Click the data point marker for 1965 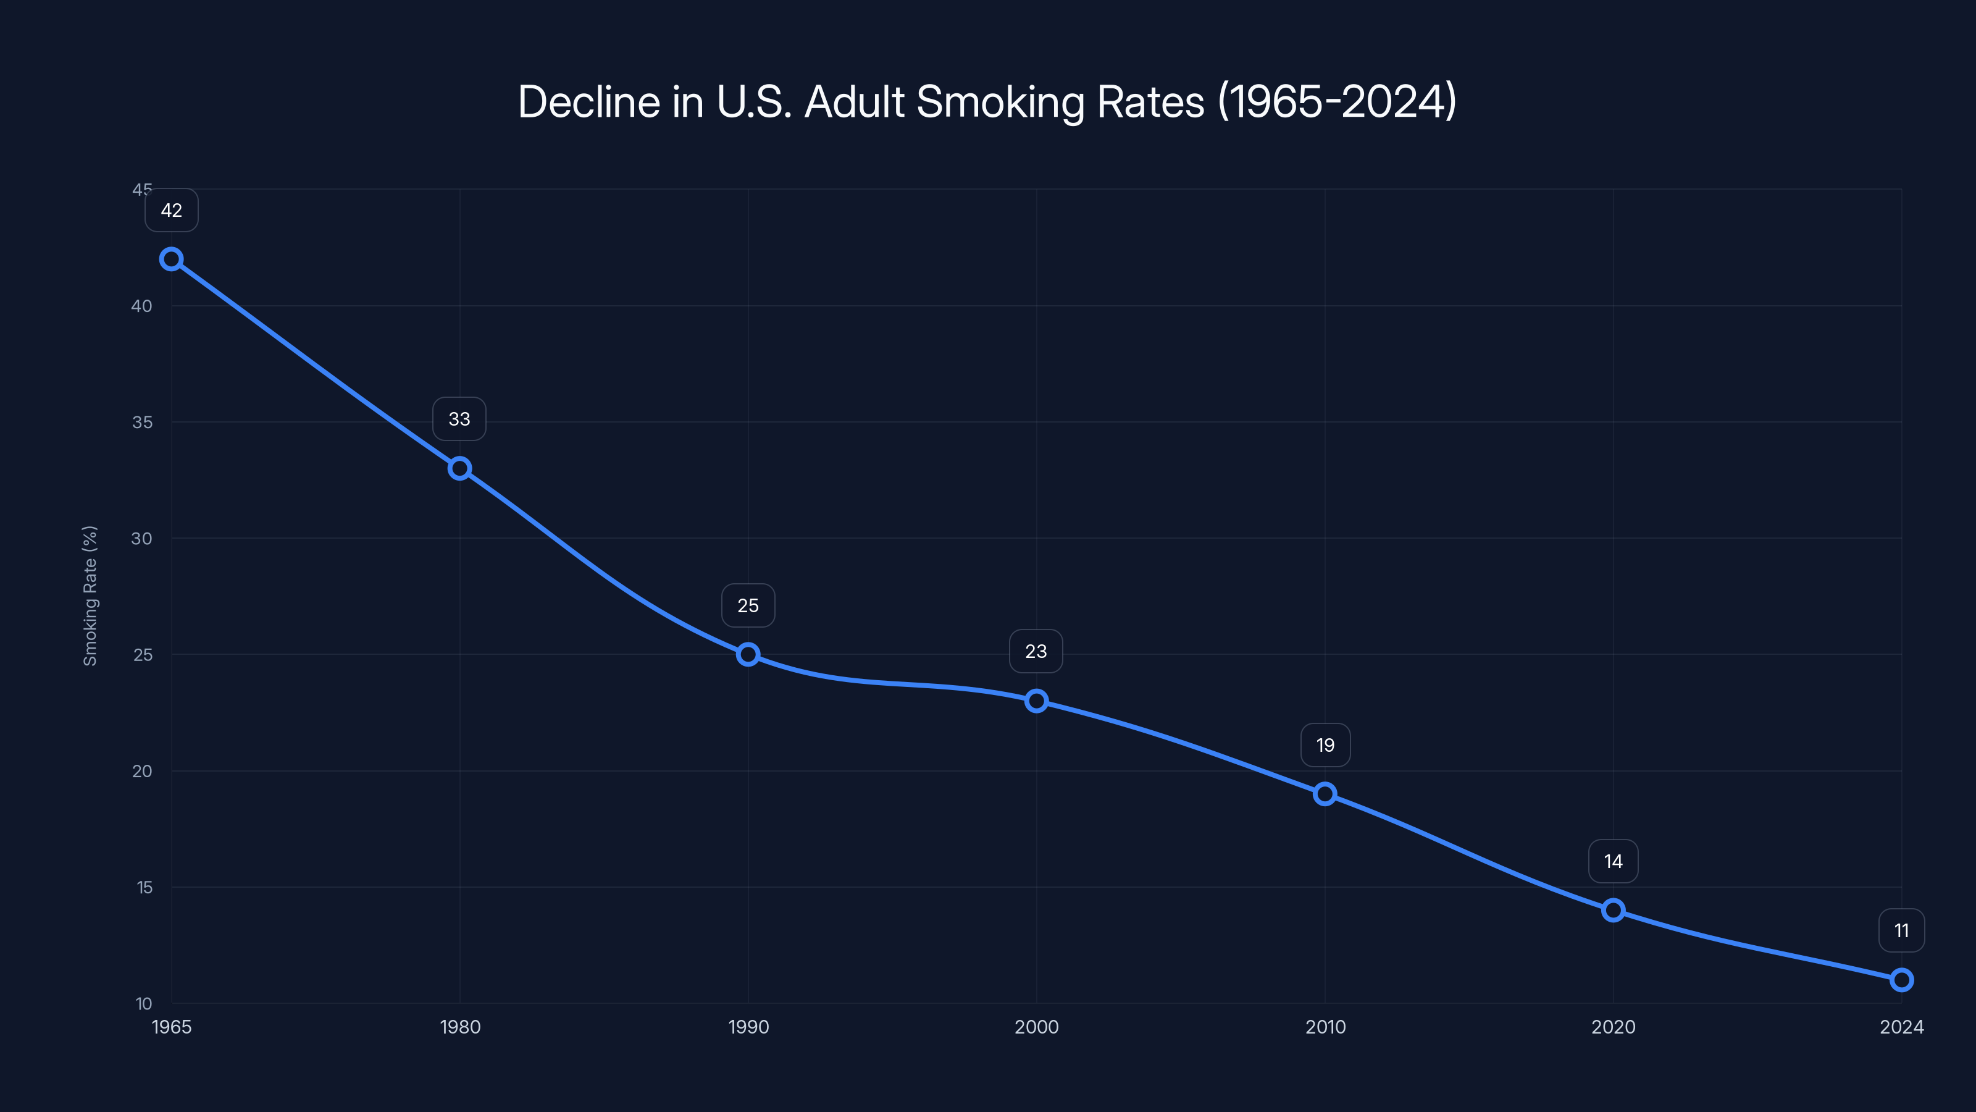coord(171,259)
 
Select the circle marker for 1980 coord(459,468)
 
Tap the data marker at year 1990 coord(748,655)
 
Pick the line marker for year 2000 coord(1036,701)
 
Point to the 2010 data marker coord(1325,793)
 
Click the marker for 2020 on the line coord(1613,910)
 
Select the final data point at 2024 coord(1902,980)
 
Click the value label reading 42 coord(171,210)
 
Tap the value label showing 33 coord(459,419)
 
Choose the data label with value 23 coord(1036,652)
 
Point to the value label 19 coord(1325,745)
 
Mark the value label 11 coord(1902,931)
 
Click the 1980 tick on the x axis coord(459,1027)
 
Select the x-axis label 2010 coord(1325,1027)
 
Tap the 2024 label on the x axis coord(1902,1027)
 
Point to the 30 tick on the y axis coord(142,539)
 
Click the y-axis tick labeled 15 coord(144,887)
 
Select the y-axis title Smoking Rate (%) coord(91,596)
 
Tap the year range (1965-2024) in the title coord(1337,102)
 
